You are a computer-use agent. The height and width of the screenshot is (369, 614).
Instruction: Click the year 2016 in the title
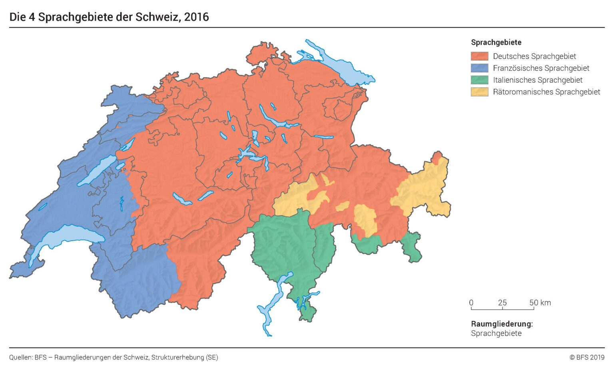pyautogui.click(x=196, y=17)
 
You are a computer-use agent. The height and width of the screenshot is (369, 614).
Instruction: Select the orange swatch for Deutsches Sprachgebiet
pyautogui.click(x=479, y=56)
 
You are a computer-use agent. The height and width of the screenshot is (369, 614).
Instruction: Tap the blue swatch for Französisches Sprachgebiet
pyautogui.click(x=479, y=68)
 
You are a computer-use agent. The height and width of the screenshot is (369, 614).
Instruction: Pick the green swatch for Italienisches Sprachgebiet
pyautogui.click(x=479, y=80)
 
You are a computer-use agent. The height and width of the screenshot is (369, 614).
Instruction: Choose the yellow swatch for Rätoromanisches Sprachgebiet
pyautogui.click(x=479, y=92)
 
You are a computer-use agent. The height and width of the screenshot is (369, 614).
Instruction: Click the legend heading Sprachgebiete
pyautogui.click(x=496, y=42)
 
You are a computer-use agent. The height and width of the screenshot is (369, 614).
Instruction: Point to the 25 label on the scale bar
pyautogui.click(x=502, y=303)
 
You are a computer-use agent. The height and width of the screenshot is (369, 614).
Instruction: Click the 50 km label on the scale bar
pyautogui.click(x=540, y=303)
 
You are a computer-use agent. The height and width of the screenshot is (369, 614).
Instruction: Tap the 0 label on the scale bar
pyautogui.click(x=471, y=303)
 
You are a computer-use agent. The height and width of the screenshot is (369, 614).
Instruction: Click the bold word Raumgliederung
pyautogui.click(x=501, y=324)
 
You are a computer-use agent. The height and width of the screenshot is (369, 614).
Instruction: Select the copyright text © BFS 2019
pyautogui.click(x=587, y=357)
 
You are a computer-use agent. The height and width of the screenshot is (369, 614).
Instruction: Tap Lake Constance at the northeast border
pyautogui.click(x=340, y=66)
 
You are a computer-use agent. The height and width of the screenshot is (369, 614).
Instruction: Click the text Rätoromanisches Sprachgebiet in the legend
pyautogui.click(x=546, y=92)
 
